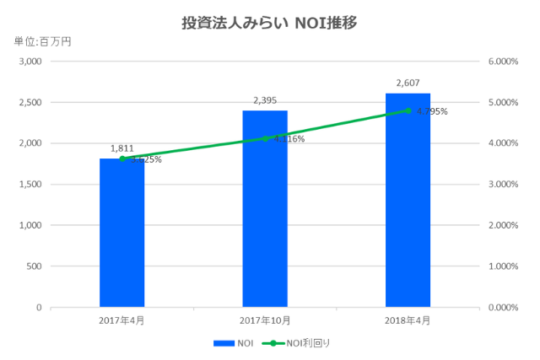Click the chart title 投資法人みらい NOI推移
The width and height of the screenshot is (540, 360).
(270, 23)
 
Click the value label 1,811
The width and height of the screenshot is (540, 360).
(121, 148)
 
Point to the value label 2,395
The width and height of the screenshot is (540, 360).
(265, 100)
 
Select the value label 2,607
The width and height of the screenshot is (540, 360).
(408, 83)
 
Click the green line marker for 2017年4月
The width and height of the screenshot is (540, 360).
(121, 159)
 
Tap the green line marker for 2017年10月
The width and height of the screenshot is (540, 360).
(265, 138)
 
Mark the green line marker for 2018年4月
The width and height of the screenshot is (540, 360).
(408, 110)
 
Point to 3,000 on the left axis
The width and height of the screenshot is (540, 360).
(30, 62)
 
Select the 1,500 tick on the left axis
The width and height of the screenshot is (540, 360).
(30, 185)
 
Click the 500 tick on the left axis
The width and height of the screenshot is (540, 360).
(34, 266)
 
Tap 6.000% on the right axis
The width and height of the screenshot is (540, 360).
(502, 62)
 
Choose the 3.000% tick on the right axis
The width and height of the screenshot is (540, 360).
(502, 185)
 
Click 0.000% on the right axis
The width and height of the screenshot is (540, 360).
(502, 308)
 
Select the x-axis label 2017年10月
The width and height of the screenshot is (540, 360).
(265, 321)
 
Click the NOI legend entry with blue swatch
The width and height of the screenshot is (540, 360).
(234, 343)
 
